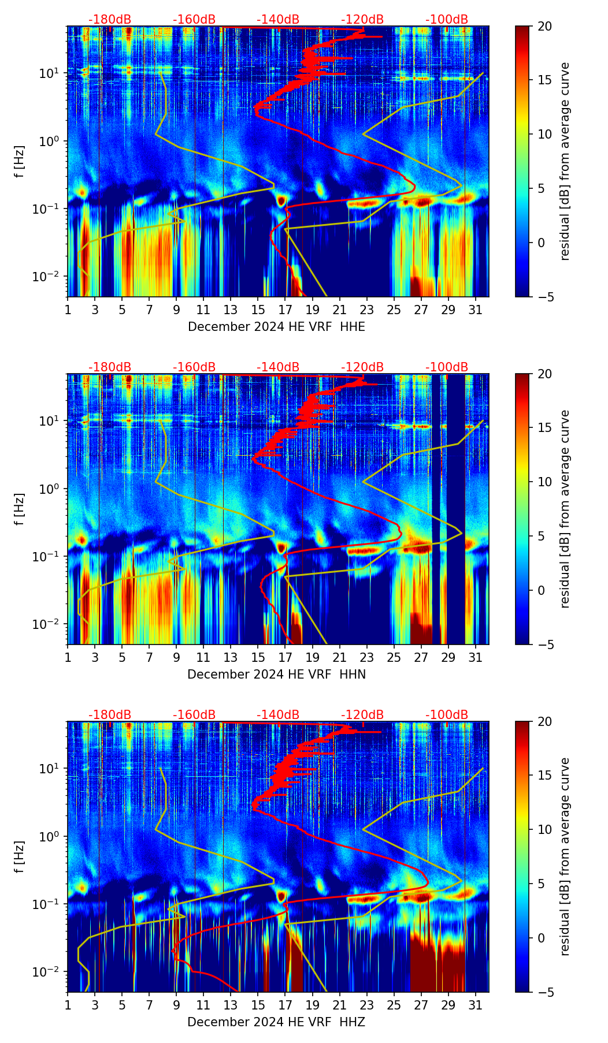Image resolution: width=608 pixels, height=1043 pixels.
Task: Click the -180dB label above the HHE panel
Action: (110, 20)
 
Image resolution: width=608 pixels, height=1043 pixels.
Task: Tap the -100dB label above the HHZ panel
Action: (447, 715)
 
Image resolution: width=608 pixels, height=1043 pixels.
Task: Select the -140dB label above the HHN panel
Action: (278, 367)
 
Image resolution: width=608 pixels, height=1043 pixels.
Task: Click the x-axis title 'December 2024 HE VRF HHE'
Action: (276, 327)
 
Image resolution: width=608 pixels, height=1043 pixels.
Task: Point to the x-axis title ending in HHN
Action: (276, 675)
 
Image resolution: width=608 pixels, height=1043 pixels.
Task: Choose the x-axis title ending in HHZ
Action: (276, 1022)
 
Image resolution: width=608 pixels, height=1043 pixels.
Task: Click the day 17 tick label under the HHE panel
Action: (286, 310)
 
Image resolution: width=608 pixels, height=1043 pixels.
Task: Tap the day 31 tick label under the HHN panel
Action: (476, 657)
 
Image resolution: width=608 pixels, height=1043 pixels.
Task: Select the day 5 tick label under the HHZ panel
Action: (122, 1005)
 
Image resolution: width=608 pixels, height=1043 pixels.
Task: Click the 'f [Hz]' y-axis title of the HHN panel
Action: (20, 509)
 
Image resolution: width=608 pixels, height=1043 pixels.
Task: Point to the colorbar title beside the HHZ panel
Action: (565, 856)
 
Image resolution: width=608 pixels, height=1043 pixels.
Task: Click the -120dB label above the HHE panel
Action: (362, 20)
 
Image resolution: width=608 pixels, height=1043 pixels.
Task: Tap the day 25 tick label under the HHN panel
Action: (394, 657)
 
